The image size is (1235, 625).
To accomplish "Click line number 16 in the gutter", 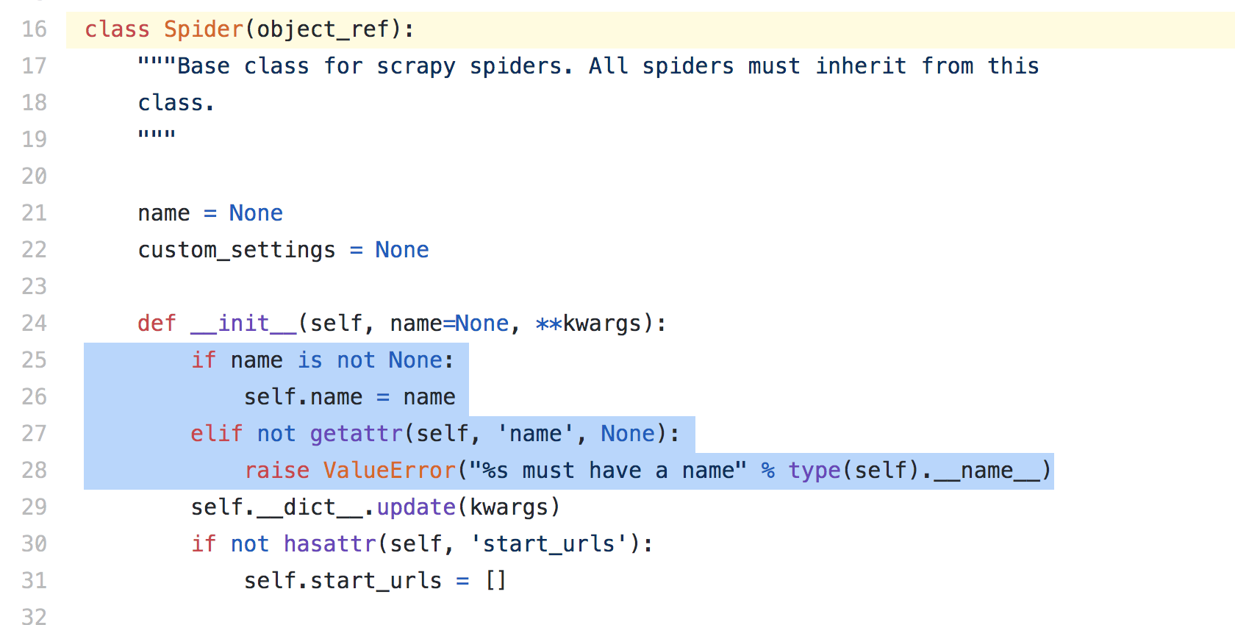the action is click(x=34, y=29).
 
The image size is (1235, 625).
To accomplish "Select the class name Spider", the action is click(x=204, y=29).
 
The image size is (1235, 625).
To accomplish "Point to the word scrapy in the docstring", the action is click(x=416, y=67).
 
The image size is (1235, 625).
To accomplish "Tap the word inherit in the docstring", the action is click(x=861, y=66).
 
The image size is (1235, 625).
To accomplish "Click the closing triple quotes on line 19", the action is click(x=157, y=134).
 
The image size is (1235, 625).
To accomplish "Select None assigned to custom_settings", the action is click(x=402, y=250).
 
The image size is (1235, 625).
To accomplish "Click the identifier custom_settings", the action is click(x=237, y=251).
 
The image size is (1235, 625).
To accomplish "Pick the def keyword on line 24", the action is click(x=157, y=324).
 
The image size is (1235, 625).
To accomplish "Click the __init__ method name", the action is click(x=244, y=324).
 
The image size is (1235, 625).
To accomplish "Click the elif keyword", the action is click(x=217, y=434).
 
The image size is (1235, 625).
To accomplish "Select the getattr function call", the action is click(x=356, y=434).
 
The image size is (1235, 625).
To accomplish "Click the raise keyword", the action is click(x=276, y=471).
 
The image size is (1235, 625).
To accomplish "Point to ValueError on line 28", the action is click(x=390, y=471).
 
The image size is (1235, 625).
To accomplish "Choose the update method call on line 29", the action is click(x=416, y=507).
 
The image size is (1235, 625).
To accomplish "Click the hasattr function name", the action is click(x=329, y=544).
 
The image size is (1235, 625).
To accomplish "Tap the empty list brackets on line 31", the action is click(x=495, y=581).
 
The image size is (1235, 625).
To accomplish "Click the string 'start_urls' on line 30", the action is click(x=549, y=544).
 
